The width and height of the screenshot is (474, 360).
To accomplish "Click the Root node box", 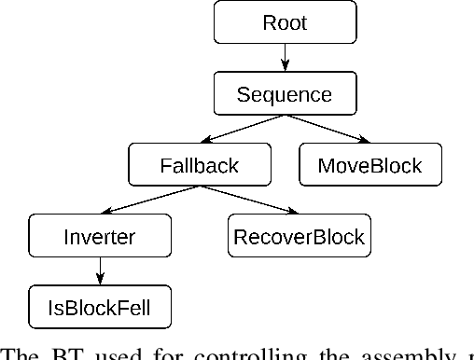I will [x=285, y=21].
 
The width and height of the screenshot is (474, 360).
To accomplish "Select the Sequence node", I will [x=285, y=94].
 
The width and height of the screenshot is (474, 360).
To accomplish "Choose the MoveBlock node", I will [x=369, y=166].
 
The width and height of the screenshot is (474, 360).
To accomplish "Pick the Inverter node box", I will [x=99, y=237].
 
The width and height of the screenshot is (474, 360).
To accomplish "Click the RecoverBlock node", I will [x=299, y=237].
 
